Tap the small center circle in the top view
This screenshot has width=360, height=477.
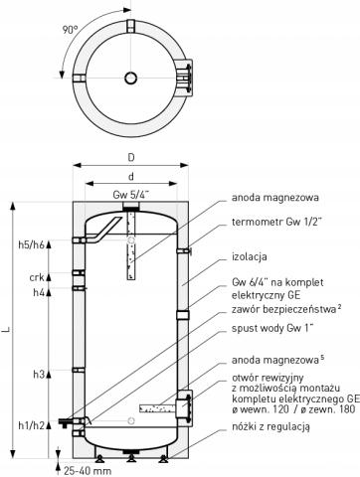(130, 78)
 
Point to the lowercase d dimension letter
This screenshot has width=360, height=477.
(130, 177)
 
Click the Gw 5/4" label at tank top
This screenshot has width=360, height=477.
(130, 194)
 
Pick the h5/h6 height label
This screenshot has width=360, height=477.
(32, 245)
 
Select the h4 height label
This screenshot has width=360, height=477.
(39, 293)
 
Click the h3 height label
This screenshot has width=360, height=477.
(39, 374)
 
